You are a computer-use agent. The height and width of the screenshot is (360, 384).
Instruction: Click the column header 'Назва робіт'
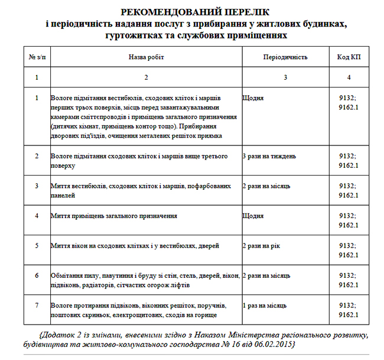146,57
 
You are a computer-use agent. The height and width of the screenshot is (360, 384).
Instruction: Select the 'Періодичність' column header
285,57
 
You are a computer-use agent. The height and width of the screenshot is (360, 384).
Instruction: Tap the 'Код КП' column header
349,57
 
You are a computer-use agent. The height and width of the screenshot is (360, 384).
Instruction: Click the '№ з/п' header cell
37,57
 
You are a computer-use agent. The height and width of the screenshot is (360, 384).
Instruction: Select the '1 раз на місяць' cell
265,306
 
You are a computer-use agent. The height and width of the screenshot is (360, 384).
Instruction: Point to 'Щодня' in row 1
253,97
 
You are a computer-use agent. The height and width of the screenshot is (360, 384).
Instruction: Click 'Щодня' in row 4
253,216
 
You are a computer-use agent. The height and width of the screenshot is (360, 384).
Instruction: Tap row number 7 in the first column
37,306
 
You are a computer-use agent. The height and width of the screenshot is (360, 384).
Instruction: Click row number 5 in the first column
37,245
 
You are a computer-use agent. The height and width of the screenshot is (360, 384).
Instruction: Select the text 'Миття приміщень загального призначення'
115,216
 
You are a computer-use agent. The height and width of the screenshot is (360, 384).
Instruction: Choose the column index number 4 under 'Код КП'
349,77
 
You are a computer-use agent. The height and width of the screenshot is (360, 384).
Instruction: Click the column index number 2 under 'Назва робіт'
146,77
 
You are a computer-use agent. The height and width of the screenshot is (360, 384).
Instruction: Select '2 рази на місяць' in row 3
266,186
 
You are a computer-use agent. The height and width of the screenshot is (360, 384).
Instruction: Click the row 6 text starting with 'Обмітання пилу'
145,275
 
